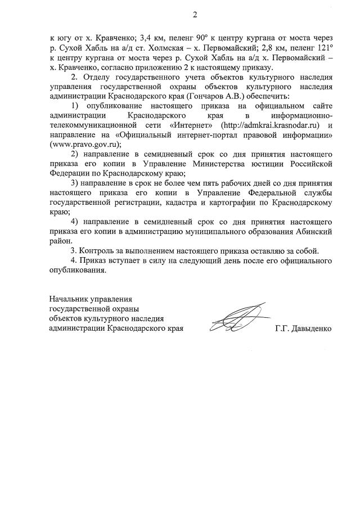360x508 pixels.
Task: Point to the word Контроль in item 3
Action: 98,251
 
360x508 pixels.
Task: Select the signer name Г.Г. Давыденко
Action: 304,329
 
